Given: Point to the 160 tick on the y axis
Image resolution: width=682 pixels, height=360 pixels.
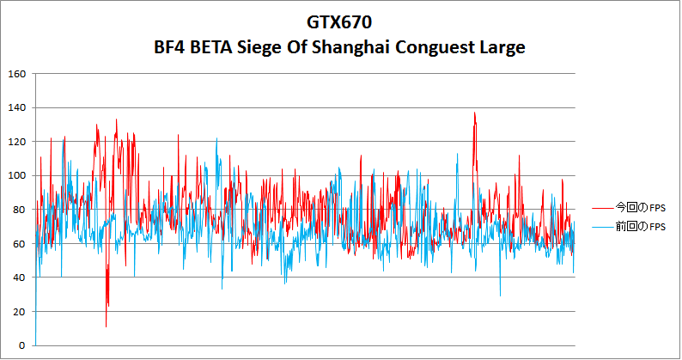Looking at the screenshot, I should tap(15, 74).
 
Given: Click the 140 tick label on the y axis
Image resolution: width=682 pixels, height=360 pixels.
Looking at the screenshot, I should tap(15, 108).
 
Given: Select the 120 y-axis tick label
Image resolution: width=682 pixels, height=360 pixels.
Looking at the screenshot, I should tap(15, 142).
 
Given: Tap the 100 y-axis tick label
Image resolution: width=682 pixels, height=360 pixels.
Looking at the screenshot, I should tap(15, 176).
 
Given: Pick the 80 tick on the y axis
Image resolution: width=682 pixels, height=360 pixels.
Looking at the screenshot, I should tap(18, 210).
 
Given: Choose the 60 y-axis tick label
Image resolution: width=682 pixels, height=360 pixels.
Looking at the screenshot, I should tap(18, 244).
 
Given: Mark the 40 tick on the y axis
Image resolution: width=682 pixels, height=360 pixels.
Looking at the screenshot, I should tap(18, 278).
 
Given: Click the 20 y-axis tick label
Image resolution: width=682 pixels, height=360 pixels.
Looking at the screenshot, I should tap(18, 312).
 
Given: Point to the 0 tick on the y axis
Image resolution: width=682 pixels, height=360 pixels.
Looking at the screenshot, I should tap(21, 345).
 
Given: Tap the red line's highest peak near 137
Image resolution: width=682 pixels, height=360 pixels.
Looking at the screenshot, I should tap(474, 113).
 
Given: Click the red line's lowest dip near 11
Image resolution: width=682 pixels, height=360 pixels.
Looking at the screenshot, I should tap(107, 326).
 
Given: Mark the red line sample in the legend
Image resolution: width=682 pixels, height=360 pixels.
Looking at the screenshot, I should tap(602, 207).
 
